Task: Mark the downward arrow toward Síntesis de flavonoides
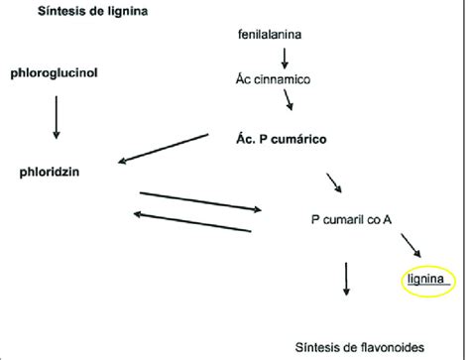(347, 279)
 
